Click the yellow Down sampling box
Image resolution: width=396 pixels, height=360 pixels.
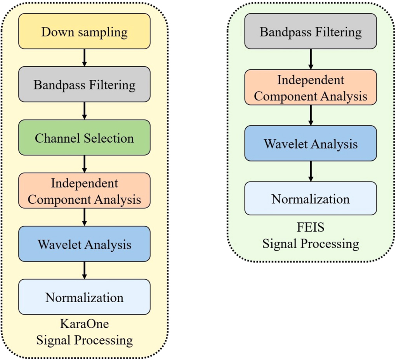tap(84, 31)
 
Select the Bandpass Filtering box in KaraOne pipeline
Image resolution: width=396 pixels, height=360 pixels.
tap(84, 85)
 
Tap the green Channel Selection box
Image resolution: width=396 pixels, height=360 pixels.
tap(84, 138)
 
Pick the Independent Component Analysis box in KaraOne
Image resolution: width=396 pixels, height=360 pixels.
tap(84, 191)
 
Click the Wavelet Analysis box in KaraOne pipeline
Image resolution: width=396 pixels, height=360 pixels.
tap(84, 244)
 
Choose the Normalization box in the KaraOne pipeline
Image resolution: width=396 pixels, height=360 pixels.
tap(84, 297)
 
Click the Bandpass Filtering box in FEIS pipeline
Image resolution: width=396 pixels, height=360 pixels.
tap(310, 31)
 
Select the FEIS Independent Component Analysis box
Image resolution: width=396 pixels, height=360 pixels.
tap(310, 88)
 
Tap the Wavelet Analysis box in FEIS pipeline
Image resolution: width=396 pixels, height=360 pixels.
tap(310, 144)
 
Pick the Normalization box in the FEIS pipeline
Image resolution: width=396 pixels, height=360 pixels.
tap(310, 199)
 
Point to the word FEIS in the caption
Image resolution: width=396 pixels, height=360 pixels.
tap(310, 227)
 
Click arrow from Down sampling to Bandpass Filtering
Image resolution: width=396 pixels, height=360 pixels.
tap(84, 58)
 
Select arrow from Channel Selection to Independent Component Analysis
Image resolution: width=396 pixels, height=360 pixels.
tap(84, 164)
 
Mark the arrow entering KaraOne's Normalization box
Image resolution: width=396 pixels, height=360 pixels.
tap(84, 270)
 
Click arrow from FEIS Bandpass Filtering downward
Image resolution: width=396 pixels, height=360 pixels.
tap(310, 59)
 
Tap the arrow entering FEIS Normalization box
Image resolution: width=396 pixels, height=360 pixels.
tap(310, 171)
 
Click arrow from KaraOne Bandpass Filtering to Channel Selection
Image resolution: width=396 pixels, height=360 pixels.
tap(84, 111)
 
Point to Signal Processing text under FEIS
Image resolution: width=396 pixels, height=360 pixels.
tap(310, 244)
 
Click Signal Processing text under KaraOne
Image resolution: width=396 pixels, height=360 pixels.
tap(84, 340)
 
